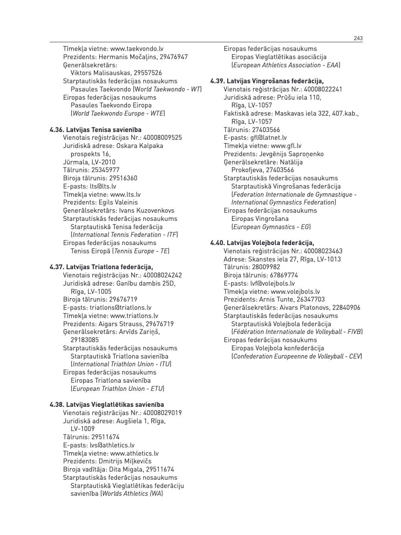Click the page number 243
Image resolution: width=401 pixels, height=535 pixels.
click(x=358, y=38)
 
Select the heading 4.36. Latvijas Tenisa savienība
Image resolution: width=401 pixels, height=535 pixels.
click(x=95, y=129)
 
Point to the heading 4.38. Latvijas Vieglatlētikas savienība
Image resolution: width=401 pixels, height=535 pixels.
click(x=107, y=405)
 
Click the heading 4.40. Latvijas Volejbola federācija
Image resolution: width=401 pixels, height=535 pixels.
click(x=262, y=243)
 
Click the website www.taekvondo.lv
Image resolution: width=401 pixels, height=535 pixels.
click(x=137, y=49)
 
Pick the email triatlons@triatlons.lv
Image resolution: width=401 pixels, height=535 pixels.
click(x=120, y=308)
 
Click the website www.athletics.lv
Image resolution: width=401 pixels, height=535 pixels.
click(x=134, y=453)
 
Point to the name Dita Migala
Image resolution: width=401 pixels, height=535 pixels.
click(x=125, y=469)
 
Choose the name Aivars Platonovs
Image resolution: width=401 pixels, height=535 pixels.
click(x=305, y=308)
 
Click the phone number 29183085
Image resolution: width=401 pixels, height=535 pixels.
click(x=85, y=340)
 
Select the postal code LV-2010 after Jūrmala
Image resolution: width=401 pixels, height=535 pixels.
click(x=103, y=162)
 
